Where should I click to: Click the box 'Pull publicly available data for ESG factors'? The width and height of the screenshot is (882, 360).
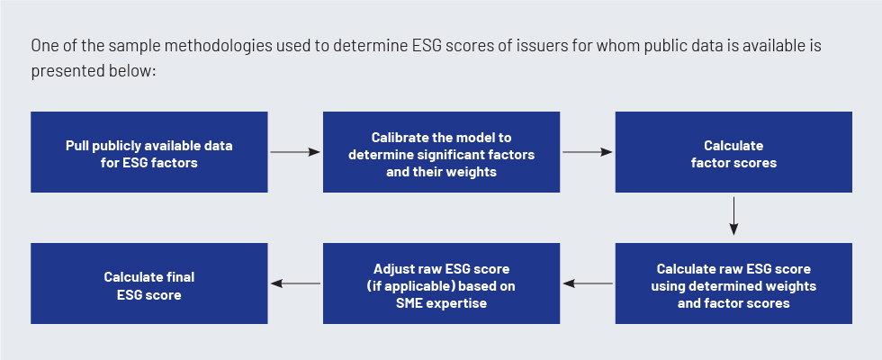point(149,152)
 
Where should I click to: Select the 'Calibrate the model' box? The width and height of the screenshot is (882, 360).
point(441,152)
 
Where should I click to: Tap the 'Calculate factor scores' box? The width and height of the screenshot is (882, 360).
point(733,152)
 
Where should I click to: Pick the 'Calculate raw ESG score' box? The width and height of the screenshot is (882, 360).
point(733,283)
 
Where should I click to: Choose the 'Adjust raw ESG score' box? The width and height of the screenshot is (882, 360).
point(441,283)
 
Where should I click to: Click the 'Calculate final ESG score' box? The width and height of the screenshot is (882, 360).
point(149,283)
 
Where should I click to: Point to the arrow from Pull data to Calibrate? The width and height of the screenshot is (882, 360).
point(295,152)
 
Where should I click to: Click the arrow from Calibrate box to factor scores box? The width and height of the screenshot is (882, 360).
point(587,152)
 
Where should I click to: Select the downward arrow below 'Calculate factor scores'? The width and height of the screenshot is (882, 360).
point(733,216)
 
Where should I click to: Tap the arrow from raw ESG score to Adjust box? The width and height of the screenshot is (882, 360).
point(588,283)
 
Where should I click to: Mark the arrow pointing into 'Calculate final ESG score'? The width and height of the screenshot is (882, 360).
point(296,283)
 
